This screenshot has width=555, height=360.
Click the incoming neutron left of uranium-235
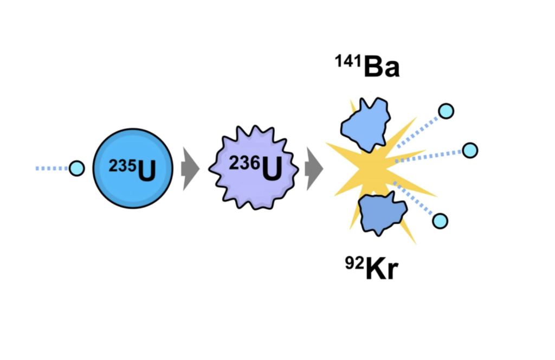click(77, 168)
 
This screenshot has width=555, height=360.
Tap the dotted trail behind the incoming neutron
click(52, 169)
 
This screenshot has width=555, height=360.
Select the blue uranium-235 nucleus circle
click(133, 169)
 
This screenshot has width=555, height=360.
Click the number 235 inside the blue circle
click(122, 166)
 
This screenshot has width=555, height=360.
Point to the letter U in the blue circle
click(146, 171)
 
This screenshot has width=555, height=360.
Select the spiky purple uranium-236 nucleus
click(254, 168)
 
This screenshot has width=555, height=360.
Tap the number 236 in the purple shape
click(245, 163)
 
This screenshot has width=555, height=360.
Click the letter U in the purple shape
click(272, 169)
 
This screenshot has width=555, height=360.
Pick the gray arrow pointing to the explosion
click(314, 169)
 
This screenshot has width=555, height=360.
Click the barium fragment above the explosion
click(366, 125)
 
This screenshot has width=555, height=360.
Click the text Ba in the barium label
click(382, 67)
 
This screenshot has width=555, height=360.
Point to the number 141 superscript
click(349, 61)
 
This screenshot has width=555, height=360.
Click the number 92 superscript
click(354, 263)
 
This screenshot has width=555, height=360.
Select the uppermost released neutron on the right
click(447, 111)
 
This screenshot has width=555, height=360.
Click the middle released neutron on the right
click(470, 150)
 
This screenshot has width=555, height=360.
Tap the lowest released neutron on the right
click(440, 221)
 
